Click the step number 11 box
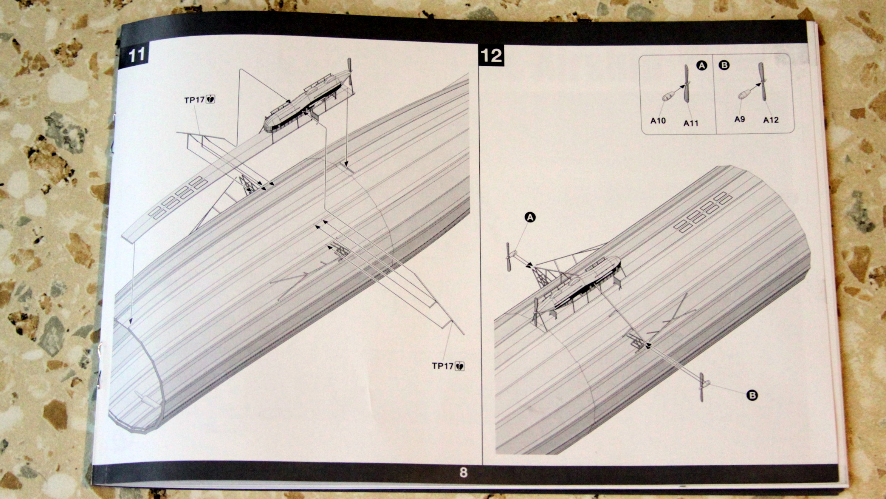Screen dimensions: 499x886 click(x=136, y=55)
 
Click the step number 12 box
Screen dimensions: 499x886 click(x=491, y=56)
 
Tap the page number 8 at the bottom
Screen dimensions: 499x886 click(x=463, y=472)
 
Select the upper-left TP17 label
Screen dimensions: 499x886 click(x=194, y=100)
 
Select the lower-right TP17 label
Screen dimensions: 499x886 click(x=443, y=366)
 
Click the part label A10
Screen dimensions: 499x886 click(x=658, y=121)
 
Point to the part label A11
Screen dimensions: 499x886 click(x=691, y=123)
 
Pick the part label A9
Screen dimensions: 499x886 click(x=739, y=119)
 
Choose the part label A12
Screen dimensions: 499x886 click(x=771, y=120)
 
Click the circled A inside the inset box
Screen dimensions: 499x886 click(x=702, y=66)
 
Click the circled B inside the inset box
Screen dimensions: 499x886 click(x=724, y=65)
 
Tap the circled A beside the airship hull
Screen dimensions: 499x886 click(x=530, y=217)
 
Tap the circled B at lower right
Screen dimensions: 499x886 click(x=752, y=395)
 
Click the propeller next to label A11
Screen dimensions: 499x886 click(x=686, y=84)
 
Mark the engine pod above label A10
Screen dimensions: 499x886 click(x=667, y=96)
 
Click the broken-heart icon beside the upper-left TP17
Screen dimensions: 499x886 click(x=211, y=100)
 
